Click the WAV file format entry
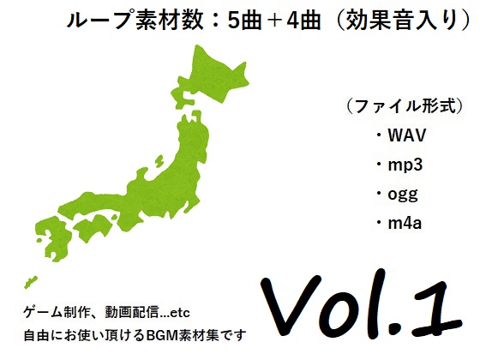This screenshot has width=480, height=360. (x=406, y=135)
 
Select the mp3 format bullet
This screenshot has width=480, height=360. (x=405, y=165)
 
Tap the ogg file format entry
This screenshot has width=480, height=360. (x=403, y=195)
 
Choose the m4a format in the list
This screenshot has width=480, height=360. (x=405, y=224)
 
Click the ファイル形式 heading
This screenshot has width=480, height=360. (x=405, y=107)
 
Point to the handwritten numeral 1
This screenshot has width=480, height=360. (x=436, y=309)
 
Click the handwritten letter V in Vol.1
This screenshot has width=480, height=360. (x=290, y=301)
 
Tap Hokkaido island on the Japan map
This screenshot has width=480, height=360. (x=211, y=76)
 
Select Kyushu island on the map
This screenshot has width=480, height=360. (x=52, y=238)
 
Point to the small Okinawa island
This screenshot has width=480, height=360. (x=30, y=282)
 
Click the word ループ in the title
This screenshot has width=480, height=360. (x=101, y=21)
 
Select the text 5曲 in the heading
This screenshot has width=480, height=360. (x=244, y=21)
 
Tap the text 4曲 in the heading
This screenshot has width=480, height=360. (x=303, y=21)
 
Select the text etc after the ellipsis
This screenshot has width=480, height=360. (x=180, y=313)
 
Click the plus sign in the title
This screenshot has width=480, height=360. (x=274, y=21)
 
